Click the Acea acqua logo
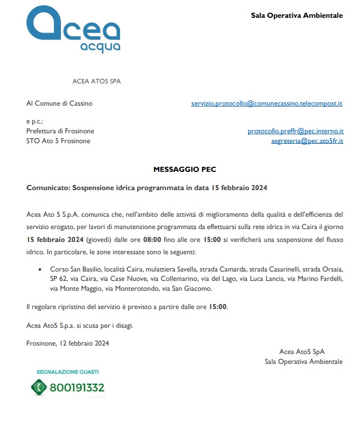[x=73, y=30]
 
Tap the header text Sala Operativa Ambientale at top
[x=297, y=15]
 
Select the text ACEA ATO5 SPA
[x=96, y=81]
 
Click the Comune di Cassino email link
[x=267, y=104]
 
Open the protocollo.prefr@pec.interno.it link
[x=295, y=131]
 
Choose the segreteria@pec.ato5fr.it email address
[x=307, y=141]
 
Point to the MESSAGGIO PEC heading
[x=185, y=169]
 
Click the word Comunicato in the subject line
[x=47, y=188]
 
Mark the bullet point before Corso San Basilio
[x=40, y=270]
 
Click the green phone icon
[x=39, y=387]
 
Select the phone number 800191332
[x=77, y=388]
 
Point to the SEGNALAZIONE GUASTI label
[x=68, y=371]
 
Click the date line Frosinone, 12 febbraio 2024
[x=68, y=343]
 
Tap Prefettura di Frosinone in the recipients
[x=60, y=131]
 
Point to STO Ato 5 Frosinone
[x=58, y=141]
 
